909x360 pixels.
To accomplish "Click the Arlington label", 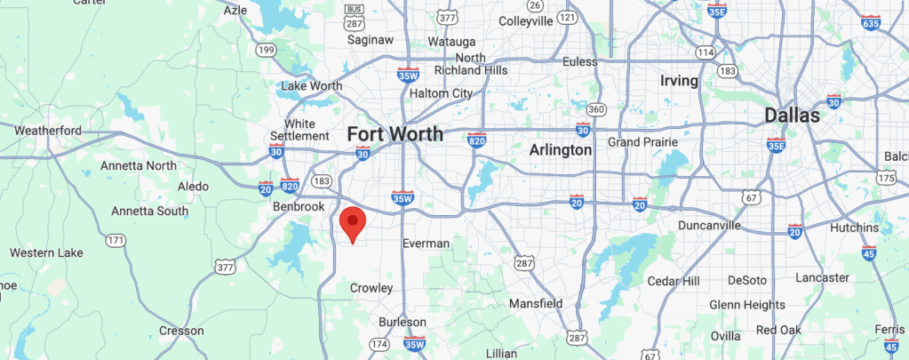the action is tap(560, 150).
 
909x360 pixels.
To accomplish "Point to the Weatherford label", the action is tap(48, 131).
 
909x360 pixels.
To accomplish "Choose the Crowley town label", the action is tap(371, 288).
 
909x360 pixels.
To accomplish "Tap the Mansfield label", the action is tap(535, 303).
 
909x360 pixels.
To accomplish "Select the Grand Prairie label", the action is tap(642, 142).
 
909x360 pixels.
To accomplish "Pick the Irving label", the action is tap(679, 81).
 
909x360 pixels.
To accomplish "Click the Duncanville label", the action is tap(709, 226).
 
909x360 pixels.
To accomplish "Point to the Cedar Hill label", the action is tap(674, 281).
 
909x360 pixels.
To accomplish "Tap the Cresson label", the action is tap(181, 331).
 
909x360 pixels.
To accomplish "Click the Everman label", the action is tap(426, 244).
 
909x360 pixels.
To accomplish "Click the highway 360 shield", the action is tap(596, 109).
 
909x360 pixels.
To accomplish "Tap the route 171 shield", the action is tap(115, 240).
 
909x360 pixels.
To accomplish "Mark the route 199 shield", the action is tap(265, 50).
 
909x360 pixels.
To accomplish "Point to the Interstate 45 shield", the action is tap(867, 253).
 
